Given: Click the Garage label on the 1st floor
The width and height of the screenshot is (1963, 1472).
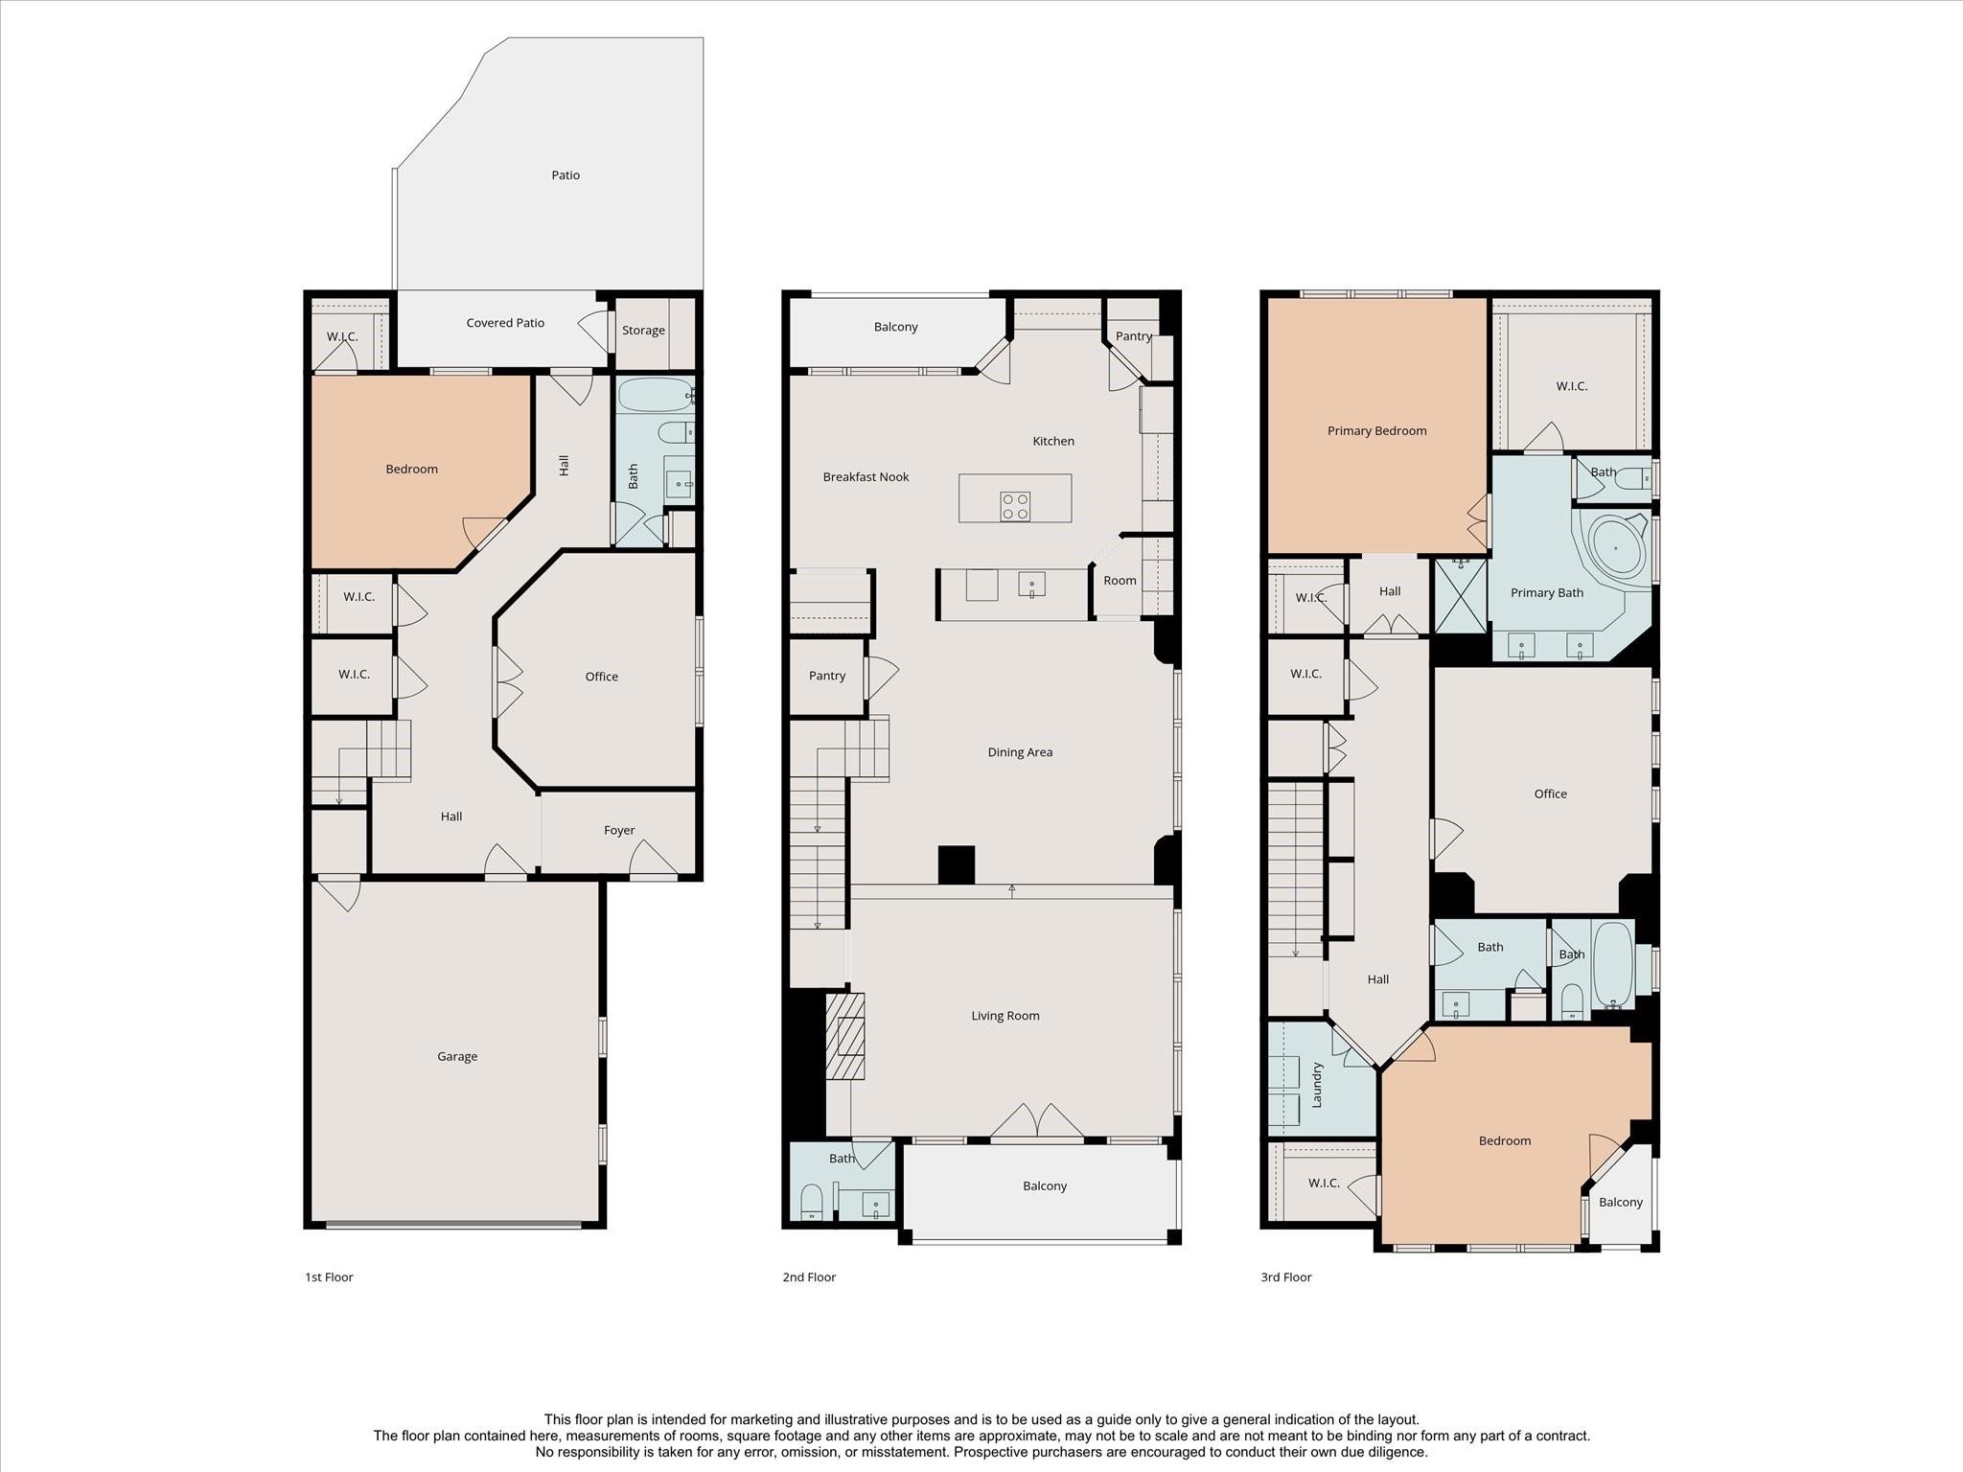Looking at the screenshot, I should (x=457, y=1056).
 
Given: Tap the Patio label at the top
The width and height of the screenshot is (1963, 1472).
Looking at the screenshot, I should (x=566, y=175).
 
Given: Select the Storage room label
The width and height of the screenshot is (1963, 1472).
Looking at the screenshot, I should (x=643, y=331).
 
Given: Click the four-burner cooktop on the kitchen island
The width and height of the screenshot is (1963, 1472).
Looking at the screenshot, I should (x=1015, y=506).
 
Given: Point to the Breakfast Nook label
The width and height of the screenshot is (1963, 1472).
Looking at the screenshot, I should (x=866, y=477).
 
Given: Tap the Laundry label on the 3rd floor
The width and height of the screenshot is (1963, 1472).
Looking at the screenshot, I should (x=1317, y=1085).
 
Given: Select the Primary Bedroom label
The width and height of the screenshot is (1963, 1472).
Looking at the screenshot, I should (x=1376, y=431).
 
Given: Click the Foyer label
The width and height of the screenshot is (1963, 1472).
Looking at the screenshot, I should (x=619, y=831).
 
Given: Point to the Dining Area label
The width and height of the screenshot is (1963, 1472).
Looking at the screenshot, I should (x=1020, y=752).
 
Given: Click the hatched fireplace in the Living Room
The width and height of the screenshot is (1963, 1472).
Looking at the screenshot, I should (x=845, y=1037).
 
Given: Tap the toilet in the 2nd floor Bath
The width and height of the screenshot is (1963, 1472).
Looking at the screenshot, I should (x=812, y=1202).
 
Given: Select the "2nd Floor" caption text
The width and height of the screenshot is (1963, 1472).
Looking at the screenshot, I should (x=809, y=1277).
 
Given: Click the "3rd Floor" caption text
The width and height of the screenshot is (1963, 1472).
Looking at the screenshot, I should (x=1285, y=1277).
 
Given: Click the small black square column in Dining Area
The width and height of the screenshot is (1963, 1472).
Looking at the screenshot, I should (x=956, y=864).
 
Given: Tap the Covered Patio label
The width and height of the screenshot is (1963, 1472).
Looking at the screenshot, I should (x=505, y=323).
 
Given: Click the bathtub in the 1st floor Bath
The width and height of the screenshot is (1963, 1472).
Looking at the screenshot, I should (x=655, y=394).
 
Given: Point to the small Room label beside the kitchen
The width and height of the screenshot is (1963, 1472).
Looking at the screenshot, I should (x=1120, y=581).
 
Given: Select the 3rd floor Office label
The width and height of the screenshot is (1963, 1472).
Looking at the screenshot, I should (x=1550, y=794).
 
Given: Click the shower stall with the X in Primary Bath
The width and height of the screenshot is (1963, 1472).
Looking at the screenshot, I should (x=1460, y=597).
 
